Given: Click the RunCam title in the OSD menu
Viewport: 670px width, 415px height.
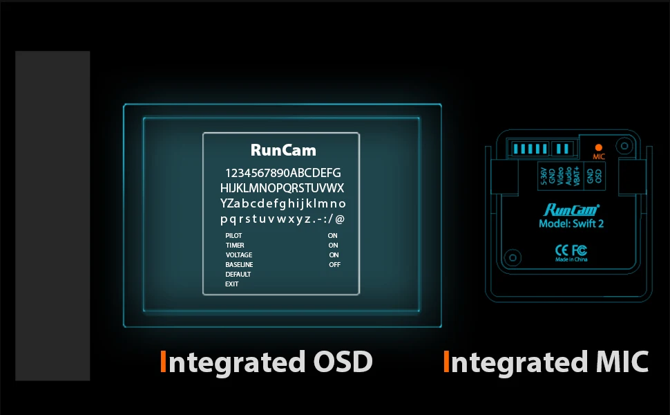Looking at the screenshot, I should click(x=283, y=150).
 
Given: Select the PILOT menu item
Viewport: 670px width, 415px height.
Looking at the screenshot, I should click(x=233, y=236).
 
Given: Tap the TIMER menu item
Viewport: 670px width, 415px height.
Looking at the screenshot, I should click(x=234, y=246).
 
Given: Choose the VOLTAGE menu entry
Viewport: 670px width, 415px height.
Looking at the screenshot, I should click(x=238, y=255).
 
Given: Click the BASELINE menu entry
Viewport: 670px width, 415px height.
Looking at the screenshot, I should click(x=239, y=265).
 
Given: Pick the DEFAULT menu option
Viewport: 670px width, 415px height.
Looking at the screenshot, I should click(x=238, y=275).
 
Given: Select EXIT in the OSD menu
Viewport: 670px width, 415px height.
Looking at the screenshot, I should click(x=231, y=284).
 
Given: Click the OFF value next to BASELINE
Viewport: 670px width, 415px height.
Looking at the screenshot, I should click(x=334, y=265).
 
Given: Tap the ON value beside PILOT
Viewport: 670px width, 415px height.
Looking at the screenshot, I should click(x=333, y=236).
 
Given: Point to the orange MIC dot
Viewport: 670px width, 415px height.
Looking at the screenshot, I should click(x=598, y=147).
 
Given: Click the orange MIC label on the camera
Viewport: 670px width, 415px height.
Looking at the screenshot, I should click(x=598, y=157).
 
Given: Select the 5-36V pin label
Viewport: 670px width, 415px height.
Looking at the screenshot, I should click(x=544, y=176).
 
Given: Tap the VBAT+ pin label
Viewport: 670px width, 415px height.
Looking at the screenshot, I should click(x=576, y=176).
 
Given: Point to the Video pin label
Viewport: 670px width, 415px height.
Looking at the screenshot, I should click(x=560, y=176).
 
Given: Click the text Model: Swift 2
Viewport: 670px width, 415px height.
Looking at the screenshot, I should click(x=571, y=224).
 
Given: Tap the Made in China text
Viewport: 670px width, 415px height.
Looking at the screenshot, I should click(x=571, y=259).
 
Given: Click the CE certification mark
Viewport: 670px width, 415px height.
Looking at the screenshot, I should click(x=562, y=249).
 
